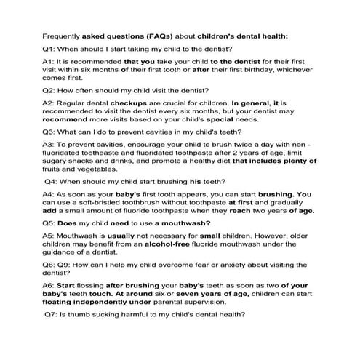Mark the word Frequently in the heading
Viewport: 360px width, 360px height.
tap(63, 34)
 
